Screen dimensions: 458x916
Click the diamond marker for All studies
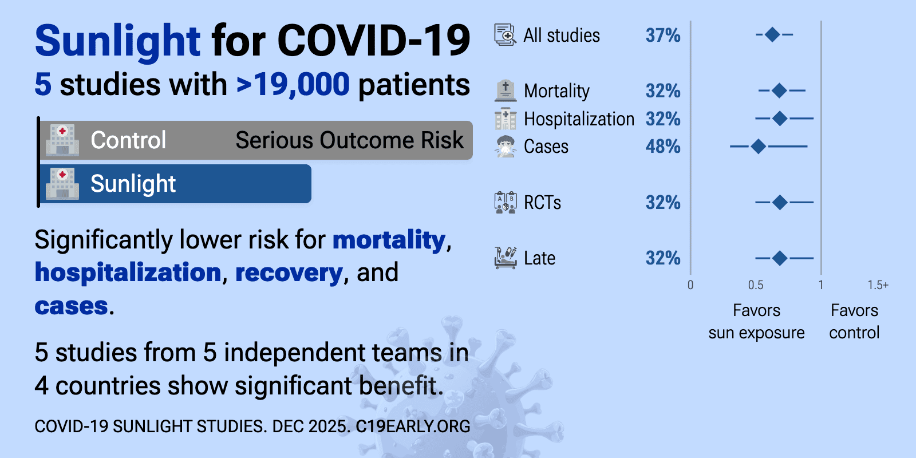coord(772,35)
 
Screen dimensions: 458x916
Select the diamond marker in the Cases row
coord(758,147)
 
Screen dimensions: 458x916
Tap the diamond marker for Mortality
coord(779,90)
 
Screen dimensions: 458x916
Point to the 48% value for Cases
coord(663,147)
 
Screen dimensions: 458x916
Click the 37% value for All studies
coord(663,35)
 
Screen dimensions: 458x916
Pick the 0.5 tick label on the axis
coord(756,285)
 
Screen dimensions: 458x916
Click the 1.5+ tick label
coord(878,285)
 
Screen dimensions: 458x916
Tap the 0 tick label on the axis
coord(690,285)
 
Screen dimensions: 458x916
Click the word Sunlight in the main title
coord(117,41)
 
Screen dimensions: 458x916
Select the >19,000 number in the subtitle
coord(293,85)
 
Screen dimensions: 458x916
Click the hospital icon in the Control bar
coord(62,140)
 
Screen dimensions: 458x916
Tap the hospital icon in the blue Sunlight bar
coord(62,184)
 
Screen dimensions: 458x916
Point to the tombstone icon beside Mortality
coord(505,90)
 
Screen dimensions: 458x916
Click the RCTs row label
coord(542,203)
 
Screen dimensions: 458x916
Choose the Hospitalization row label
coord(579,119)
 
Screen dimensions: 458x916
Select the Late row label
coord(539,258)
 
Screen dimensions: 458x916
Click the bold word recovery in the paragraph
coord(289,273)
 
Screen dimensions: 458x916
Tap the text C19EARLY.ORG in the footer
coord(413,427)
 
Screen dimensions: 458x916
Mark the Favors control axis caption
coord(854,321)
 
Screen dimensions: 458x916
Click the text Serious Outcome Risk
coord(349,140)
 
